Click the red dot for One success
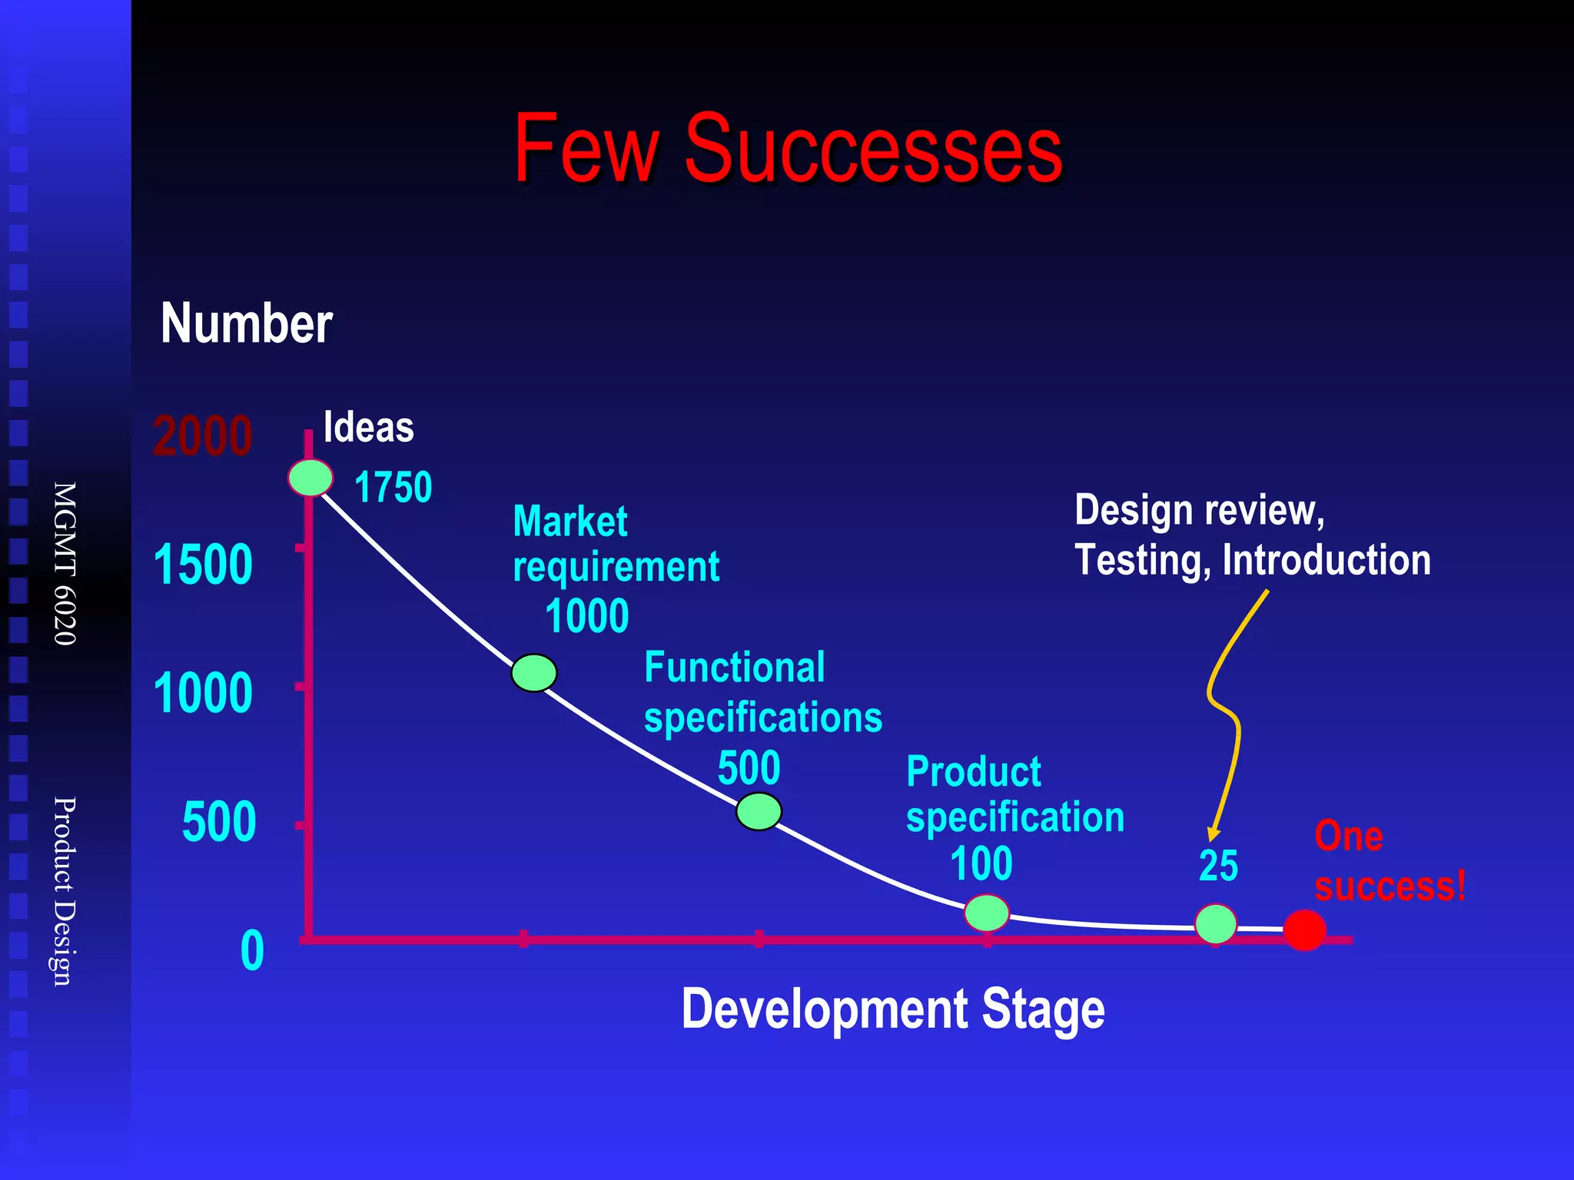(1305, 930)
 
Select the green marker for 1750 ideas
(310, 478)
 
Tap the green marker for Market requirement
(534, 673)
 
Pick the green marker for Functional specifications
(759, 811)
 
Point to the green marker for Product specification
(987, 913)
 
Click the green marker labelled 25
(1216, 923)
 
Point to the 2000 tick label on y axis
(203, 436)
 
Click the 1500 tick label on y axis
(203, 565)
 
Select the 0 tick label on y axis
(252, 951)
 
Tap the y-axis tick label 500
(219, 823)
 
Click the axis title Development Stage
(893, 1009)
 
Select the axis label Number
(247, 323)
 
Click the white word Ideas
(368, 427)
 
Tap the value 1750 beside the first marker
(393, 487)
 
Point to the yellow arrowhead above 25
(1212, 835)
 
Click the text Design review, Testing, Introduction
(1252, 535)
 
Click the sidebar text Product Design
(65, 890)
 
